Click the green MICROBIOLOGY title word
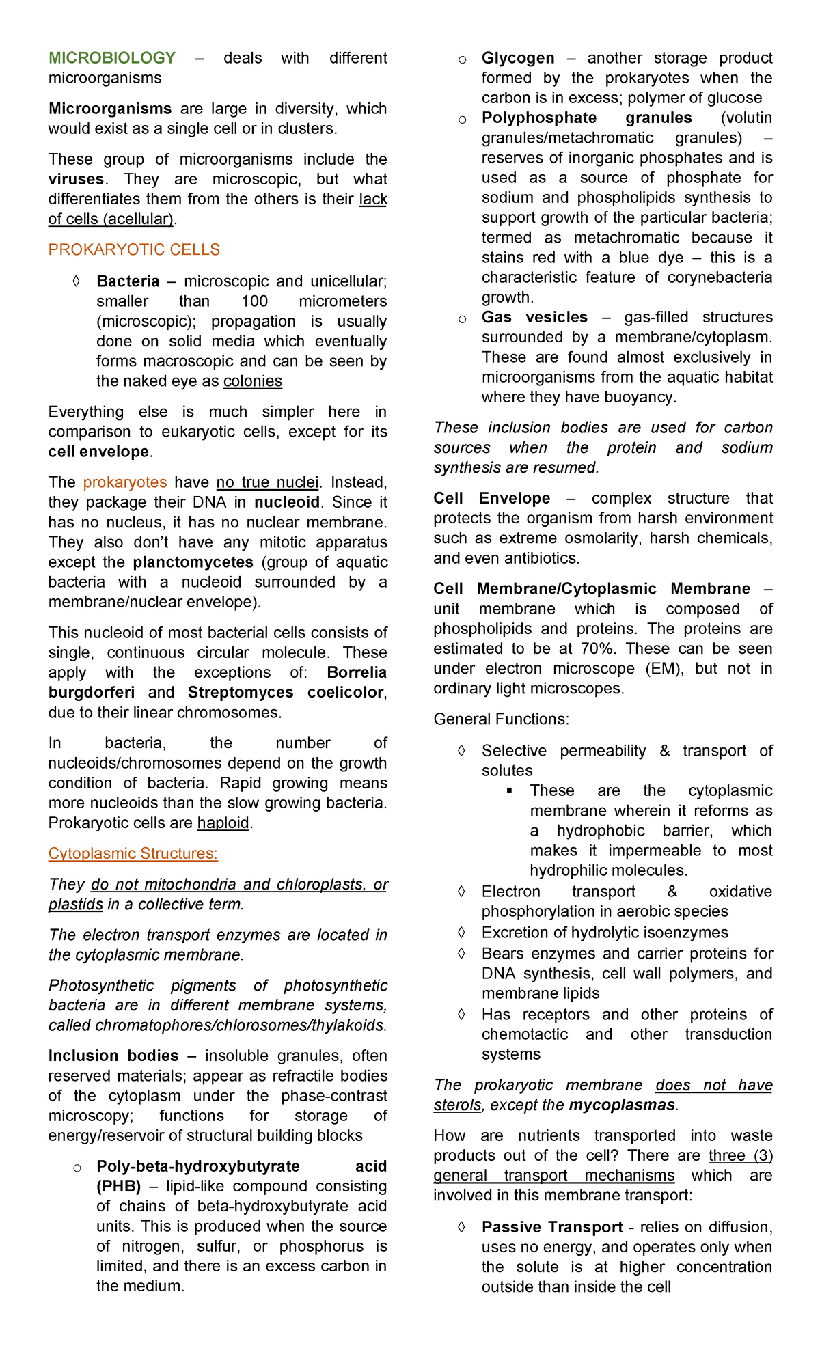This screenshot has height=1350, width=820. [112, 58]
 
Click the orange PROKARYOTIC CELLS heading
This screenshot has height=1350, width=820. [134, 250]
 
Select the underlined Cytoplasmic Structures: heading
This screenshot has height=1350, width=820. [133, 854]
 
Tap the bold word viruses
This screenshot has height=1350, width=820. [76, 180]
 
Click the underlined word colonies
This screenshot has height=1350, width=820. [253, 381]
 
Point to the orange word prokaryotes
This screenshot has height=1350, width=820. [125, 482]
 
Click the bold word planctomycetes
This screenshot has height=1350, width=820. [193, 562]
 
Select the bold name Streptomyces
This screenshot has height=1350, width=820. [241, 692]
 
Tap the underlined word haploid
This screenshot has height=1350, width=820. [223, 823]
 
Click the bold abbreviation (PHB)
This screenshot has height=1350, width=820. [119, 1186]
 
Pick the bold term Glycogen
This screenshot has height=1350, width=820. [518, 58]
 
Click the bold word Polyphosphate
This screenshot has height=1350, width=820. [539, 118]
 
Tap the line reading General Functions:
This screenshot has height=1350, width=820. [501, 719]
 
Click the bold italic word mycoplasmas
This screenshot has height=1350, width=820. [622, 1105]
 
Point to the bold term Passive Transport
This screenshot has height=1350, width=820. [552, 1227]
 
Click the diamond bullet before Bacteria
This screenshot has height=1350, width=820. [77, 281]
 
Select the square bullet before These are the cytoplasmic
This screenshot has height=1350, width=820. [509, 790]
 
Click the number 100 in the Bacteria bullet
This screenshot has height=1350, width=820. [254, 301]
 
